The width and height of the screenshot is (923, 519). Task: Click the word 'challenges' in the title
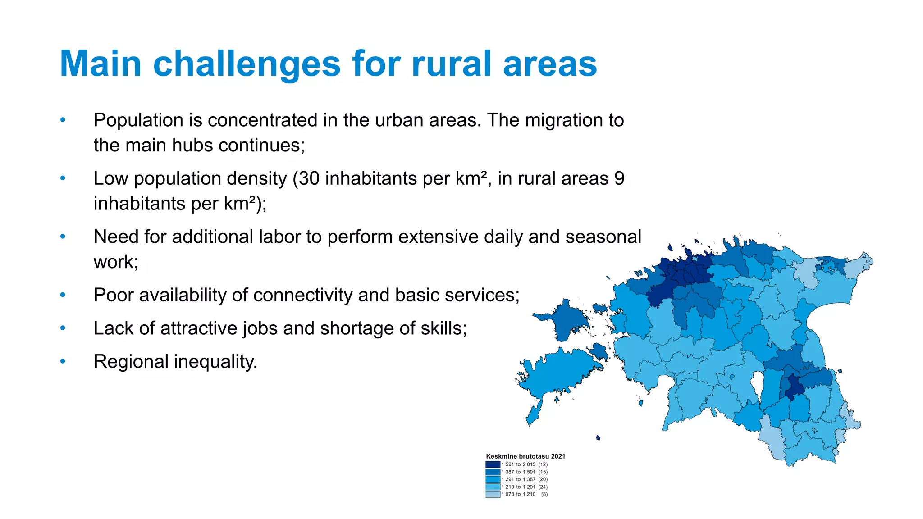coord(247,64)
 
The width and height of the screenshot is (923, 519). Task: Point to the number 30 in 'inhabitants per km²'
coord(309,179)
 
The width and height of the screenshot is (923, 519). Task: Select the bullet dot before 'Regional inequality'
coord(63,361)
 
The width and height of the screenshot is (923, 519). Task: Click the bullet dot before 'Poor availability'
coord(63,295)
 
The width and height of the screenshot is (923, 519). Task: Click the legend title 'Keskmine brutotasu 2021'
coord(525,456)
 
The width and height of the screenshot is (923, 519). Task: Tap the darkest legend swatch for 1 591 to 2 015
coord(493,464)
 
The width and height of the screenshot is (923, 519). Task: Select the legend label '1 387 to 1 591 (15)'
coord(525,472)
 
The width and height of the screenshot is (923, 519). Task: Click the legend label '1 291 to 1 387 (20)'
coord(525,479)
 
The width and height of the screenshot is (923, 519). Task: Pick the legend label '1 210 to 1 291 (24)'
coord(525,487)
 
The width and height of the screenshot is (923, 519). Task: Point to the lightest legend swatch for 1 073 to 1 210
coord(493,494)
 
